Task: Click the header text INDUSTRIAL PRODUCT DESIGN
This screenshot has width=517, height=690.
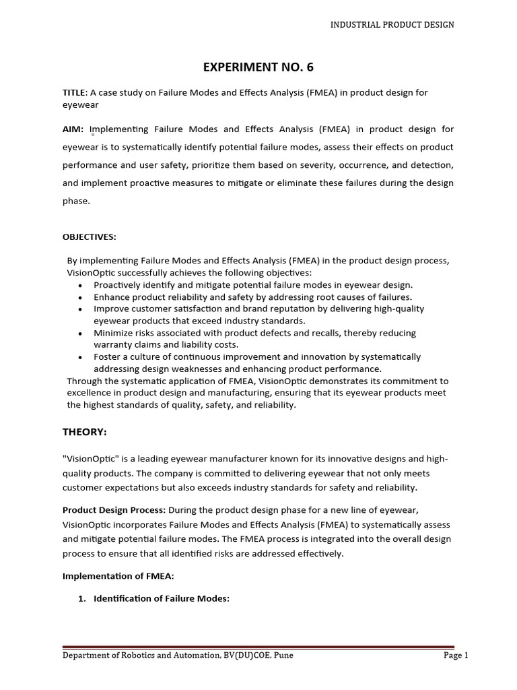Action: tap(391, 25)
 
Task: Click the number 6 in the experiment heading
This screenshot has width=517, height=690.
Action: tap(310, 67)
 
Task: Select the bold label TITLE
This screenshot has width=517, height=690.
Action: tap(74, 93)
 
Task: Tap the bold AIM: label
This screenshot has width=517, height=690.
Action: tap(73, 129)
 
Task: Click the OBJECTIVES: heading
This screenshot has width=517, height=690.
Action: tap(89, 237)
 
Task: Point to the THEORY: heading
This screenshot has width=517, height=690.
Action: tap(85, 431)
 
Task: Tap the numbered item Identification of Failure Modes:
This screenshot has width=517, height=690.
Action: tap(162, 598)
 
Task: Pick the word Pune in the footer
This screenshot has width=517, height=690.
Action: tap(282, 655)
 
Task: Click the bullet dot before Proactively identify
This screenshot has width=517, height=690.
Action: tap(81, 285)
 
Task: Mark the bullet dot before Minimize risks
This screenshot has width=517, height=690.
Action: tap(81, 334)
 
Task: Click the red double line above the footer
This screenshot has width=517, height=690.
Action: tap(258, 646)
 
